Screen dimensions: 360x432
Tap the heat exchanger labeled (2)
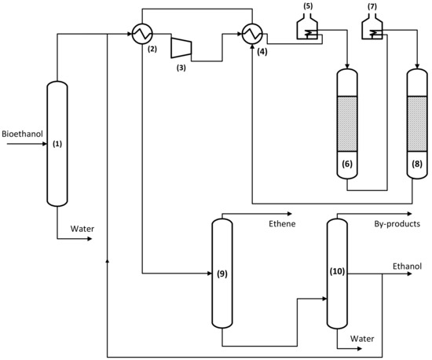coord(142,34)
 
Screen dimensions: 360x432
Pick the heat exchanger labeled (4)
coord(252,34)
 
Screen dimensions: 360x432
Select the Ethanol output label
coord(407,266)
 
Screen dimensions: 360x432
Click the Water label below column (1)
coord(82,229)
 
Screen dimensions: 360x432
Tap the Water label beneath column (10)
coord(362,340)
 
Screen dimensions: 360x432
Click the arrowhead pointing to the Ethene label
coord(290,214)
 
